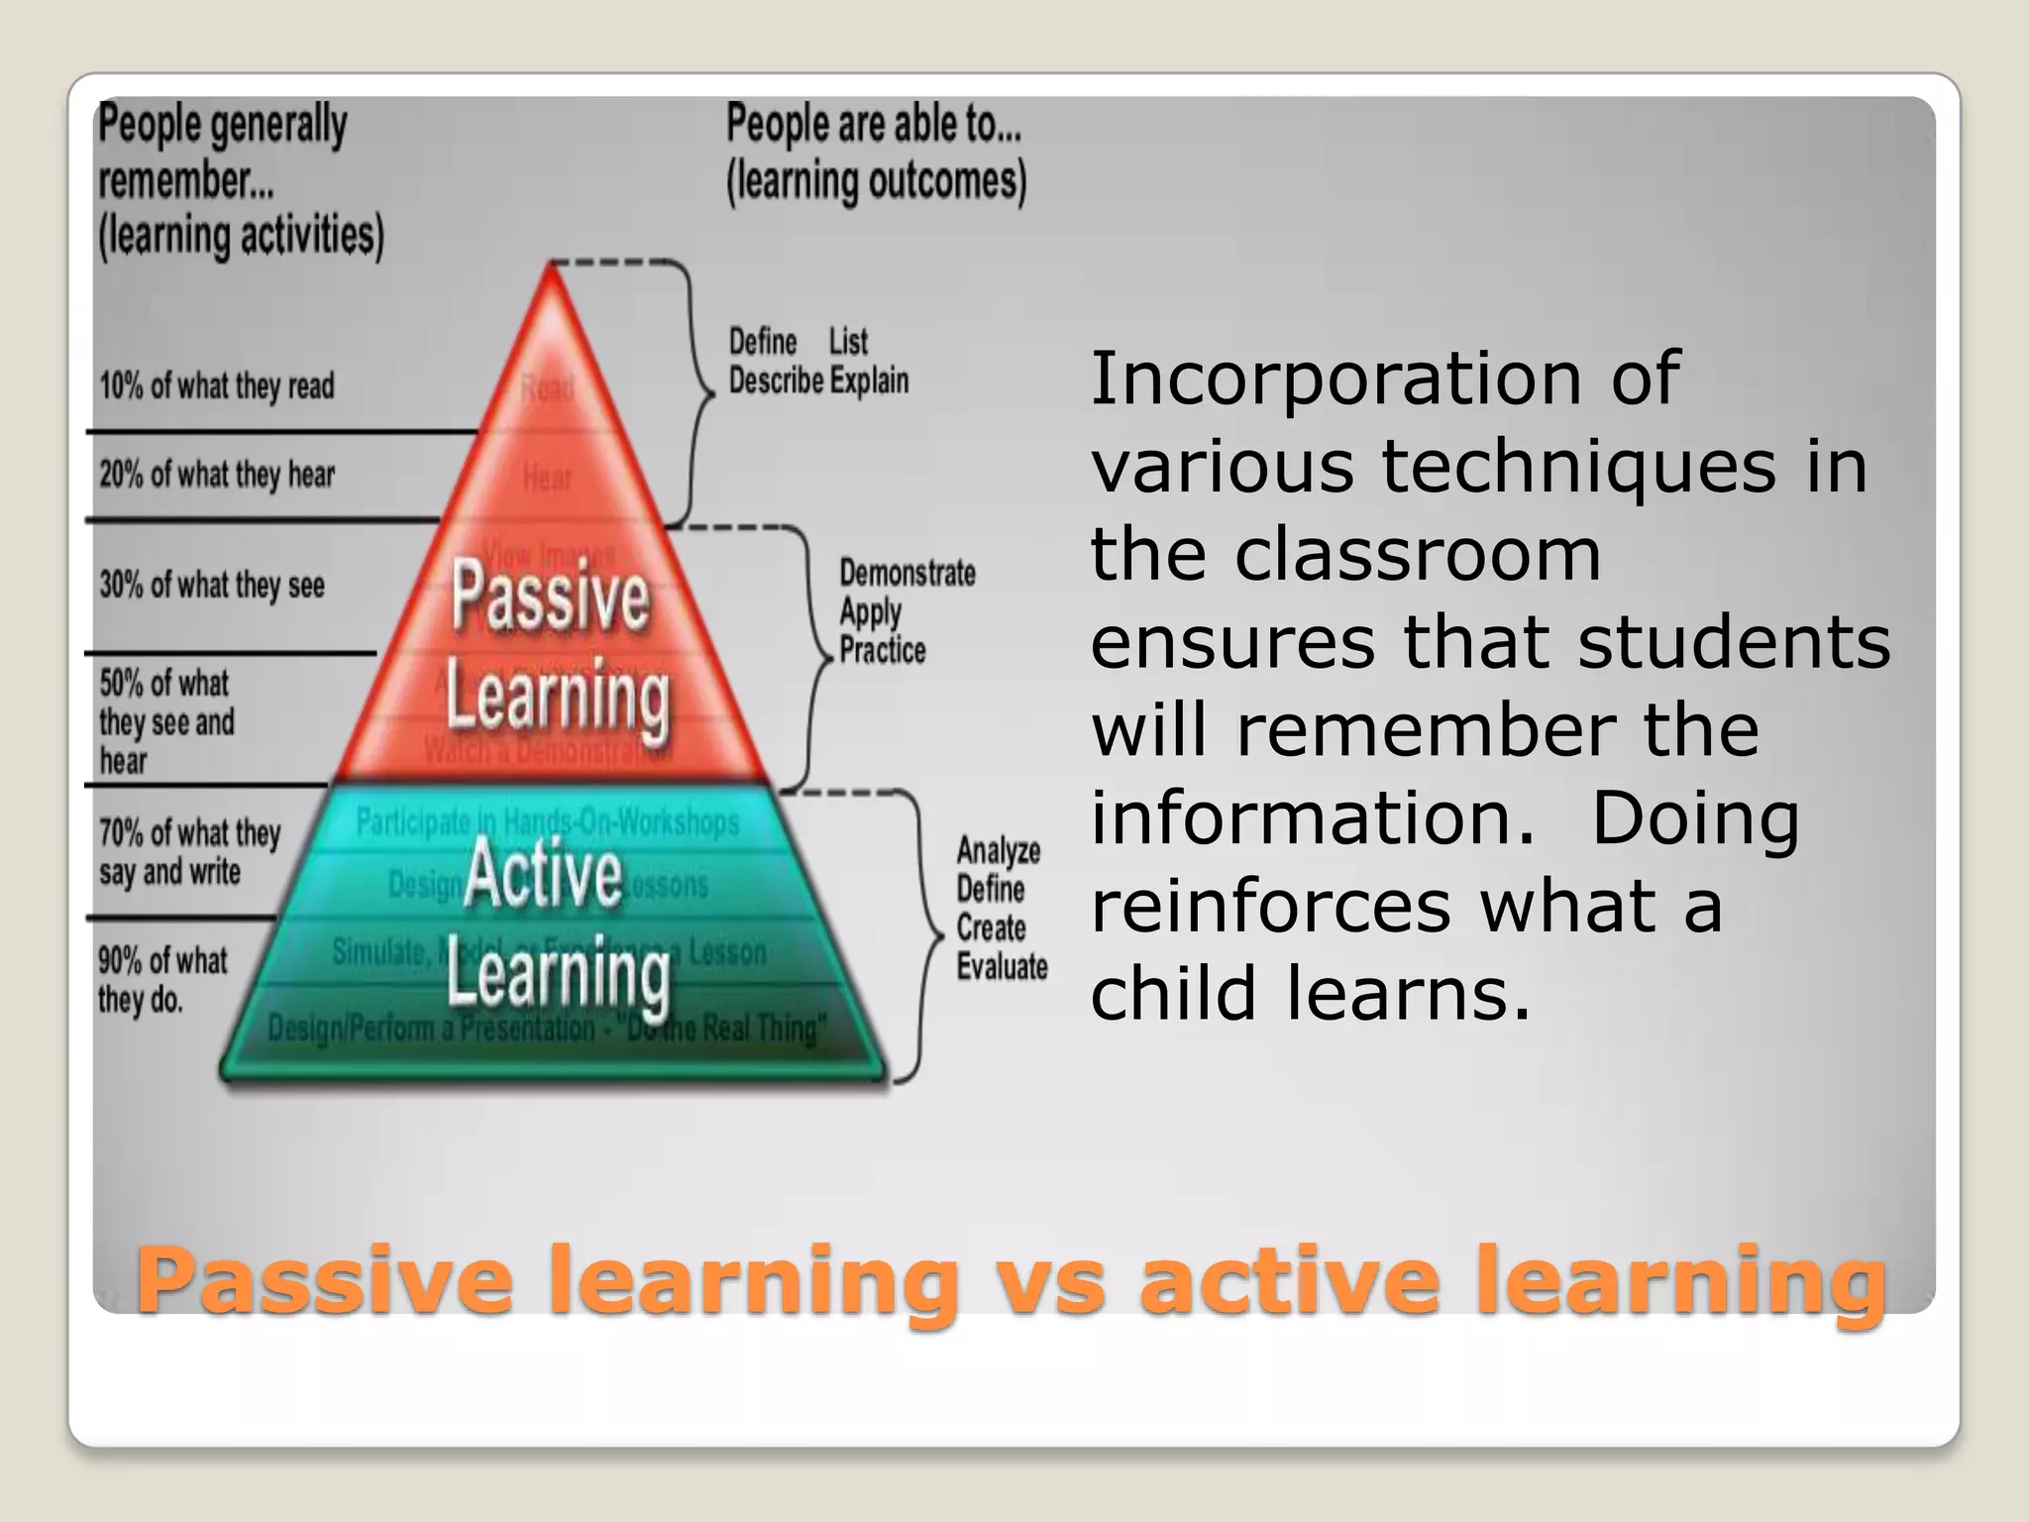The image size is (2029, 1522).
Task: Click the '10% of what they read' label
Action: click(x=217, y=385)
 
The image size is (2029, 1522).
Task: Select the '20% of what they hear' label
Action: click(x=217, y=475)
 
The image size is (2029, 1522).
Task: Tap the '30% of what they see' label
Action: click(x=212, y=585)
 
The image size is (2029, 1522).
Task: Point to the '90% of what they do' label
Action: click(x=161, y=979)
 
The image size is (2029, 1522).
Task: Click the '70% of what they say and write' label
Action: click(x=189, y=851)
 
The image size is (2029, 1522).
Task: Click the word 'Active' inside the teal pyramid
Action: click(x=543, y=872)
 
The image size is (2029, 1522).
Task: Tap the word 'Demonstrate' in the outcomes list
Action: click(x=908, y=573)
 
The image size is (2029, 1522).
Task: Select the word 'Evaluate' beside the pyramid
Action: click(x=1002, y=966)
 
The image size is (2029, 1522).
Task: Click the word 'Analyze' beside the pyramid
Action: click(x=999, y=850)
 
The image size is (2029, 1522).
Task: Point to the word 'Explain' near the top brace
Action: click(x=869, y=380)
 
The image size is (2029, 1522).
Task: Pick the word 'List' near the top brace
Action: click(x=848, y=342)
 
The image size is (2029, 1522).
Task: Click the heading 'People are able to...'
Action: click(x=874, y=125)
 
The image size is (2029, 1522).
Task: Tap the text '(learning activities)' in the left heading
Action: click(x=241, y=236)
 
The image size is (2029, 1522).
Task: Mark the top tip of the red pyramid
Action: click(x=551, y=266)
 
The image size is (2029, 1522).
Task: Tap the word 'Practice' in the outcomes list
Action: click(x=883, y=650)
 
